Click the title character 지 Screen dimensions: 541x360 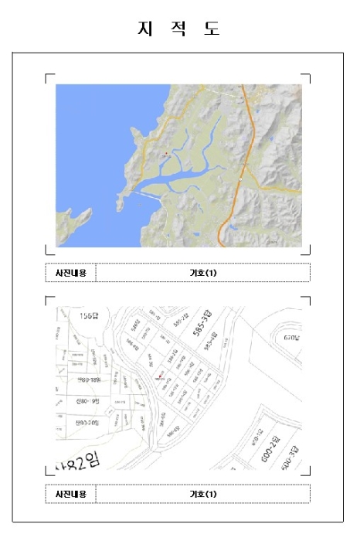click(144, 29)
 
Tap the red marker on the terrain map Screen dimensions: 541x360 click(165, 154)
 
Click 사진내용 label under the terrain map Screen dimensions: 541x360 click(70, 273)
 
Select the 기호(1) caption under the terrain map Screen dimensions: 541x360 click(203, 273)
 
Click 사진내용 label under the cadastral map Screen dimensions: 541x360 click(70, 494)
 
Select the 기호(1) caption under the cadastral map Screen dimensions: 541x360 click(203, 494)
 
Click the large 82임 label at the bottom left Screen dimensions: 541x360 click(80, 461)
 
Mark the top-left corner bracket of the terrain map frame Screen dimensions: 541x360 click(48, 77)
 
